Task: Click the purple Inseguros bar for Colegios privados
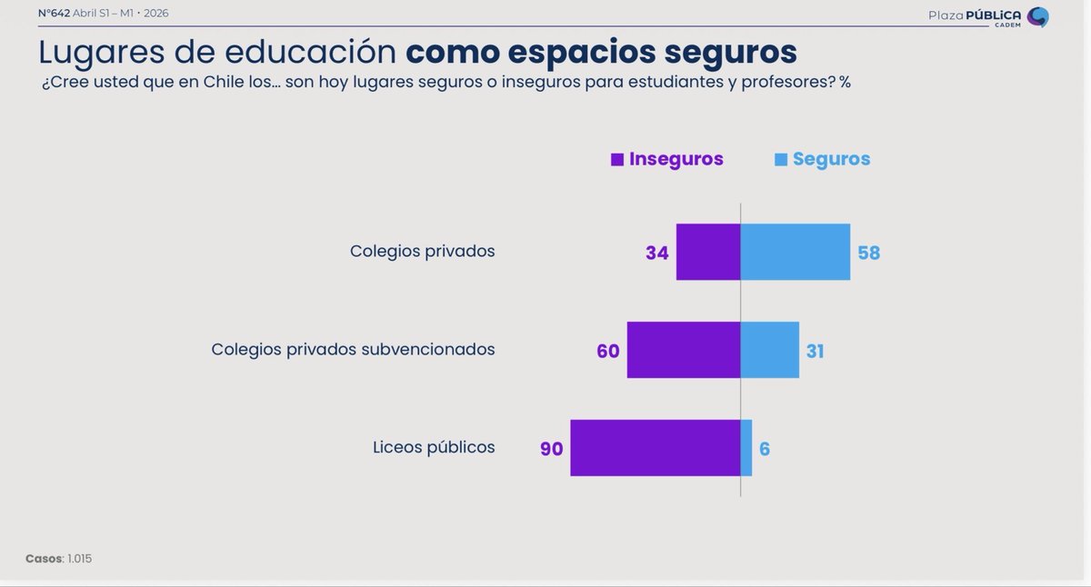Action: (x=708, y=252)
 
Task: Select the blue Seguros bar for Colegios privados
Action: (x=796, y=252)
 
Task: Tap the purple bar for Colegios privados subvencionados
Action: (x=684, y=350)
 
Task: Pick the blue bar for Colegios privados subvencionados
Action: (x=770, y=350)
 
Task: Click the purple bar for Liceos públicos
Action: (x=656, y=448)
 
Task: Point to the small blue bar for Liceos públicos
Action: (x=746, y=448)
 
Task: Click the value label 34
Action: (x=657, y=254)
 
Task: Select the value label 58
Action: (x=869, y=254)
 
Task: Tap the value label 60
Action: (x=608, y=352)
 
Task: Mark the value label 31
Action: (x=815, y=352)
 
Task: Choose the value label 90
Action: (x=552, y=450)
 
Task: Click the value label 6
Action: (x=765, y=450)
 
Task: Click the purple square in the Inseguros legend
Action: (x=617, y=160)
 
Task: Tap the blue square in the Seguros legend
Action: (x=781, y=160)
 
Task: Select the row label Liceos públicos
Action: (x=434, y=447)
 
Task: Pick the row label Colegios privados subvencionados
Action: (x=353, y=349)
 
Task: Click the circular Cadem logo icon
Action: (x=1037, y=17)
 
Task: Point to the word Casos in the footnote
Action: (x=44, y=559)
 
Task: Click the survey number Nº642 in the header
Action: (x=54, y=14)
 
